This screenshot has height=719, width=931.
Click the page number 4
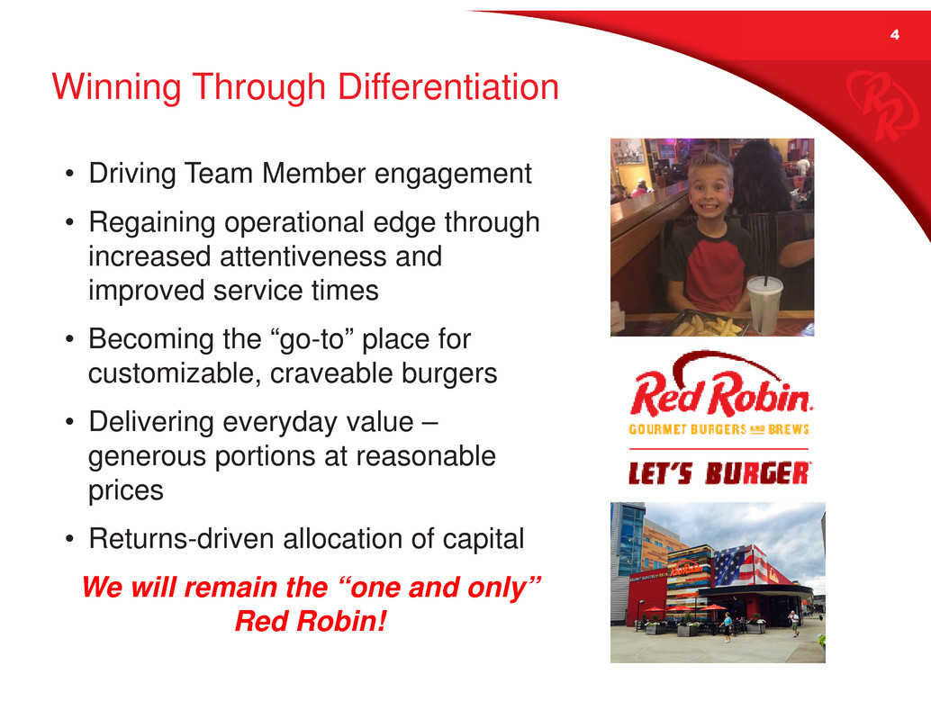click(x=895, y=34)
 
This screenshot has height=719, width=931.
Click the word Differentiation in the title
click(x=448, y=86)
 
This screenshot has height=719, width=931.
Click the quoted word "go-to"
click(x=312, y=339)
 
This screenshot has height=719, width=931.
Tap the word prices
click(x=126, y=491)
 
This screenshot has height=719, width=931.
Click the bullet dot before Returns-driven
click(x=70, y=539)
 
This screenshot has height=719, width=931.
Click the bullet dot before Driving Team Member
click(x=70, y=174)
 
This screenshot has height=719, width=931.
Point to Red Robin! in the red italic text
click(x=312, y=621)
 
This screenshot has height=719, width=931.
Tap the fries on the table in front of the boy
click(x=708, y=325)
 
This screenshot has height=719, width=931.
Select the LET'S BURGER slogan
click(x=719, y=473)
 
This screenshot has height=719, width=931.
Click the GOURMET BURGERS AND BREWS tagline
click(x=719, y=429)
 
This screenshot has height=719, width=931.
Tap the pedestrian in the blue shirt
click(x=727, y=627)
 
